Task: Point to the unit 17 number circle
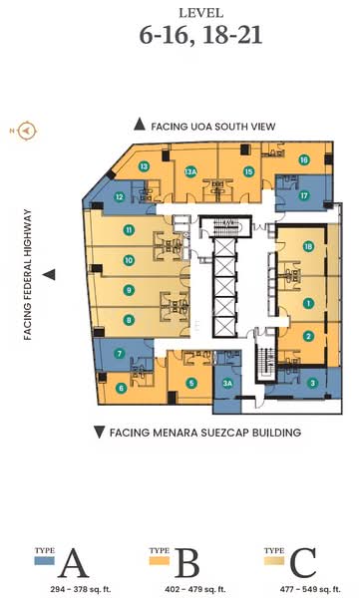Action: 304,195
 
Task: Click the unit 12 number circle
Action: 119,196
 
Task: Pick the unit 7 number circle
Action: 120,353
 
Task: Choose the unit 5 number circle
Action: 191,382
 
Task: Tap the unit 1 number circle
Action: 309,302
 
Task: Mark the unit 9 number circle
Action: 129,290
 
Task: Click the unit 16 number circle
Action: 303,159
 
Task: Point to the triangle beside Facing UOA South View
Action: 139,126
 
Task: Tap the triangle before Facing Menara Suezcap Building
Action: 98,432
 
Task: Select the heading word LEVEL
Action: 180,12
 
